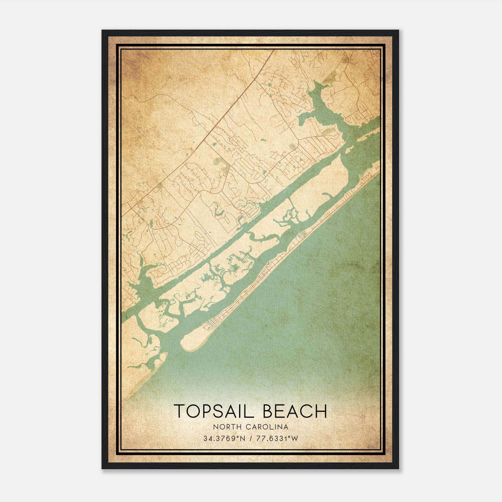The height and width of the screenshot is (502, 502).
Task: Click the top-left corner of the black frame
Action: (x=103, y=31)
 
